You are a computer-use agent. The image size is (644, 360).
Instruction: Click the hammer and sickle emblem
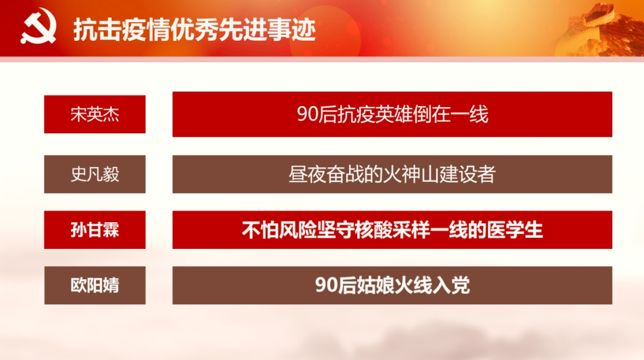point(38,27)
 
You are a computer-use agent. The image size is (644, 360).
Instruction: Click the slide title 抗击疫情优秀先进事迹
point(194,30)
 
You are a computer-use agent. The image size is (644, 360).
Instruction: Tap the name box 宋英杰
point(95,114)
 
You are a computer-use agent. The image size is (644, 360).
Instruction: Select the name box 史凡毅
point(95,174)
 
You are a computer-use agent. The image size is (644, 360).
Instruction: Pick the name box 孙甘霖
point(95,230)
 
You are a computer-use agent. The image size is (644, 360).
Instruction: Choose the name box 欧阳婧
point(95,286)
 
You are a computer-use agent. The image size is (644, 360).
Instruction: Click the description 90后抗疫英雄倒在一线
point(392,114)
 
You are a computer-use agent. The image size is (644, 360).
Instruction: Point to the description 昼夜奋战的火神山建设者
point(392,174)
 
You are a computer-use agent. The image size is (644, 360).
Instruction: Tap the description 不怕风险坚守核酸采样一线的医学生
point(392,230)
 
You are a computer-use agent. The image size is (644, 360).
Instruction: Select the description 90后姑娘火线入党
point(392,286)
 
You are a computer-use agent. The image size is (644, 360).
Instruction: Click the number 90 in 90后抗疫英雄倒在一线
point(307,115)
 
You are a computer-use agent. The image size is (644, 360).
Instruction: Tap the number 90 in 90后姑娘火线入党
point(325,286)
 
